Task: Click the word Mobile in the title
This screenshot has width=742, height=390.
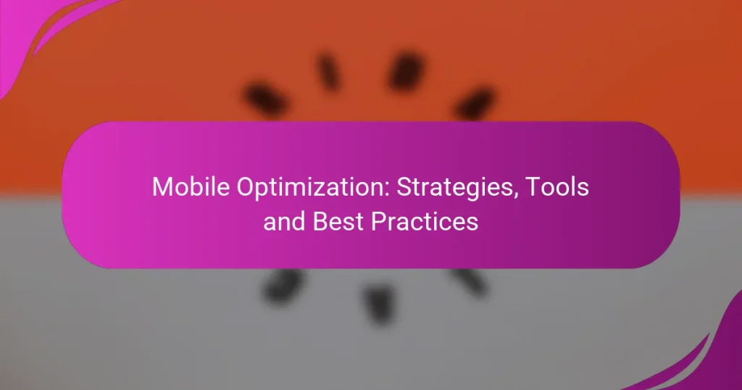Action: coord(183,188)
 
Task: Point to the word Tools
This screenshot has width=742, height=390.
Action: coord(558,188)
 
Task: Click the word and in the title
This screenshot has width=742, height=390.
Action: coord(285,221)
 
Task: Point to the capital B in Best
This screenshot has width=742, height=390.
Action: coord(321,221)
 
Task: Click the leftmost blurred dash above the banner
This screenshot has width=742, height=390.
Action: coord(265,101)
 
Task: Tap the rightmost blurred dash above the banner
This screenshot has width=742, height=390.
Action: coord(475,102)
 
